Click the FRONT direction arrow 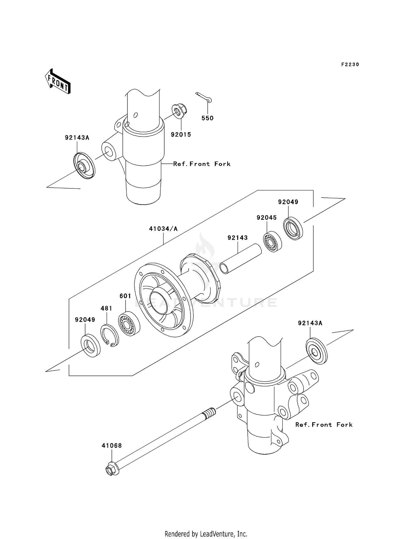click(x=58, y=82)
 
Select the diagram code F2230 click(x=350, y=65)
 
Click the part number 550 click(x=207, y=118)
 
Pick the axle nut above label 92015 click(x=179, y=111)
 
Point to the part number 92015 click(x=181, y=135)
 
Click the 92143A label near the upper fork click(x=77, y=138)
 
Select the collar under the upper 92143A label click(x=84, y=166)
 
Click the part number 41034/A click(x=163, y=229)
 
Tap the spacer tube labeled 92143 click(x=241, y=259)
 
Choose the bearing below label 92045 click(x=272, y=242)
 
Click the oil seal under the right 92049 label click(x=293, y=228)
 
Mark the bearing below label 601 click(x=129, y=324)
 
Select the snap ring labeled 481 click(x=110, y=335)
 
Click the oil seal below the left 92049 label click(x=91, y=345)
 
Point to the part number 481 click(x=106, y=308)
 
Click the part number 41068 click(x=112, y=446)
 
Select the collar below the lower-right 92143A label click(x=316, y=351)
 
